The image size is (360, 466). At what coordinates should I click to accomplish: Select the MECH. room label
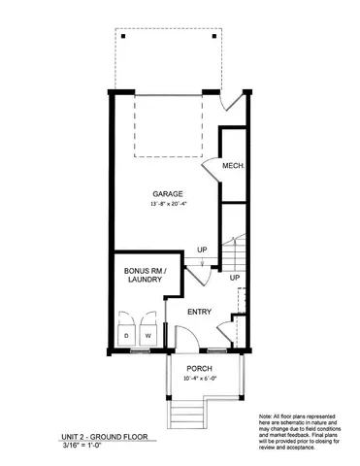232,166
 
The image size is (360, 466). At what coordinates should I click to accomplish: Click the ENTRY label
199,312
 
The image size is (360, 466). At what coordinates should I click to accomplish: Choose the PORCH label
200,368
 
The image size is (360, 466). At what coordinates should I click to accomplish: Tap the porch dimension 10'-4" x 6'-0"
200,379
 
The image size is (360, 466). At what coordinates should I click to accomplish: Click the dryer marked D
126,336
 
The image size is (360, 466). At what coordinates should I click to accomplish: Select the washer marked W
149,336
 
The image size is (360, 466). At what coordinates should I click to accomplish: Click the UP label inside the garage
202,251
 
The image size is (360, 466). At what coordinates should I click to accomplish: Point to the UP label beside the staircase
234,278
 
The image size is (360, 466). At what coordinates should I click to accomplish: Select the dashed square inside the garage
168,124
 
